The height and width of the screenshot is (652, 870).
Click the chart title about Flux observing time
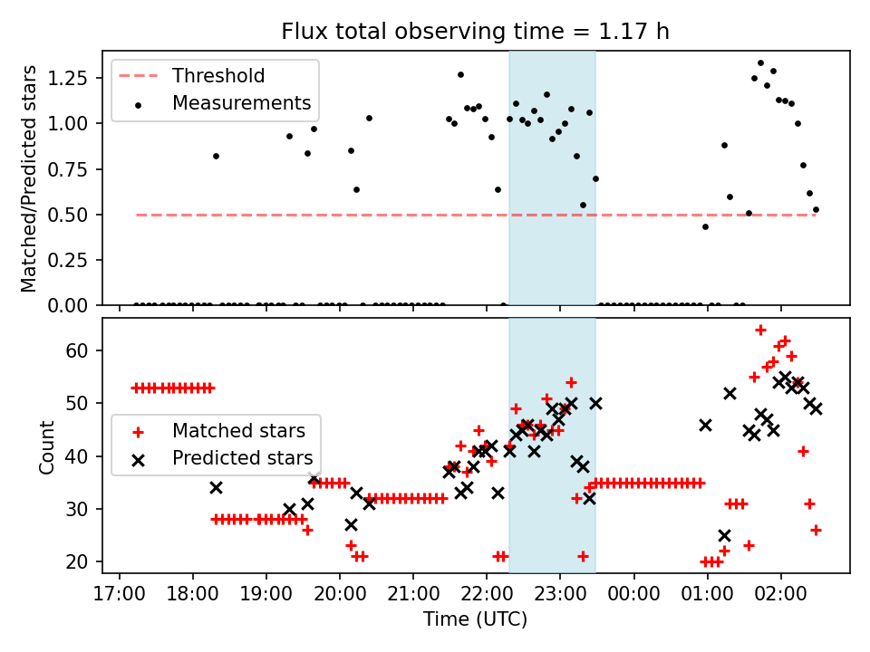point(475,32)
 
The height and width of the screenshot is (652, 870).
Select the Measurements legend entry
point(241,103)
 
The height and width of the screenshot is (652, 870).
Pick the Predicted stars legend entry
point(242,458)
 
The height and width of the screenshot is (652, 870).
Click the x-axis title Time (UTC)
point(475,619)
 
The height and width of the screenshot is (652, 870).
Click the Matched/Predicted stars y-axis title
point(29,178)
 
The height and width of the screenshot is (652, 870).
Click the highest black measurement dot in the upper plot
point(760,62)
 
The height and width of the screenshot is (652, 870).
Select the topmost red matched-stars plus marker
point(760,330)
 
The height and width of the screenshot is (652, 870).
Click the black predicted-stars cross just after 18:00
point(216,487)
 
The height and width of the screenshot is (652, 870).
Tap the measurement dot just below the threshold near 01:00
point(705,226)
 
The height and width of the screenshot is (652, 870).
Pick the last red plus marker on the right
point(816,530)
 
